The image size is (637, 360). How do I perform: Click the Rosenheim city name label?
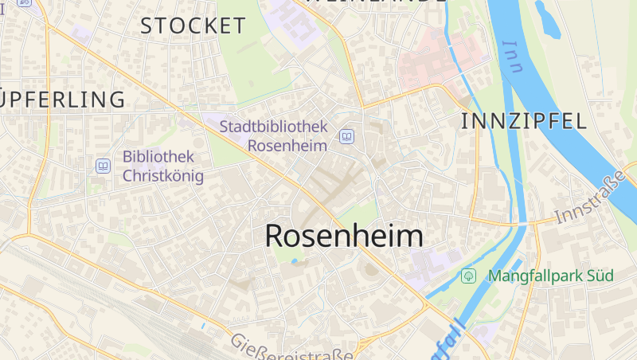343,236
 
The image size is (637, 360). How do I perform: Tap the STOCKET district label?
193,25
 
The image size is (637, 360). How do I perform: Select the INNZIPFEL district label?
524,121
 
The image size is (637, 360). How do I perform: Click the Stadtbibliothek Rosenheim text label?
274,136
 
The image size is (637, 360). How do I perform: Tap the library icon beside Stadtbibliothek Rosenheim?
346,136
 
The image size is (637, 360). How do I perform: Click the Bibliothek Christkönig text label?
163,166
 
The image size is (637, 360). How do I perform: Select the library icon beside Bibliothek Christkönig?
103,166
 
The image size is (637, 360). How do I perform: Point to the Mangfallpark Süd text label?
551,276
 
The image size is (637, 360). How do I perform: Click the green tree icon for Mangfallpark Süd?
469,276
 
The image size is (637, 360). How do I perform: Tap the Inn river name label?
513,57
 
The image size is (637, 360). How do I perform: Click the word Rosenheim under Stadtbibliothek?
287,146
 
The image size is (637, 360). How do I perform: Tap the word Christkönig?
163,176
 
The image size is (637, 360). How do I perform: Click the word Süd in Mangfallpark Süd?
599,276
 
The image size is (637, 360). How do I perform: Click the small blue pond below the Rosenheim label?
295,261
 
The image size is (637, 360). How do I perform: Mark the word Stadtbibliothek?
274,127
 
